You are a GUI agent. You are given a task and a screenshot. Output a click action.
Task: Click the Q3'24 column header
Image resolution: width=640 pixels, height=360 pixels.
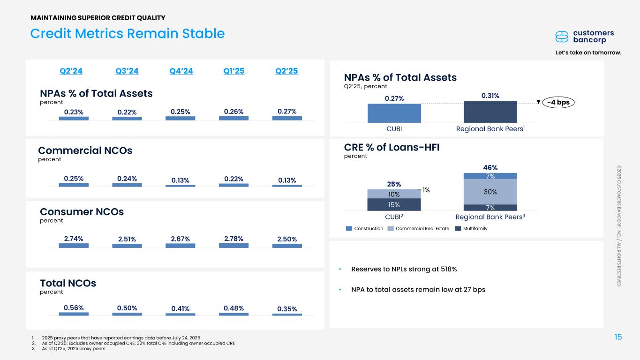coord(127,71)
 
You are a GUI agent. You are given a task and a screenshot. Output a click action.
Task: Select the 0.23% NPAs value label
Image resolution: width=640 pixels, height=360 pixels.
coord(74,111)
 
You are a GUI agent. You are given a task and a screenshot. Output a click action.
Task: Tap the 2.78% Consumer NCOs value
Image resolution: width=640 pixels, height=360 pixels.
coord(233,238)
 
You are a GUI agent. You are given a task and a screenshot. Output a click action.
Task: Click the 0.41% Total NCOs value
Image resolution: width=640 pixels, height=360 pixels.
coord(181,308)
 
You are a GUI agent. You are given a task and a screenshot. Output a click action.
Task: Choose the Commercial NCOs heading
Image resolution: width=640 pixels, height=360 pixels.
coord(85,150)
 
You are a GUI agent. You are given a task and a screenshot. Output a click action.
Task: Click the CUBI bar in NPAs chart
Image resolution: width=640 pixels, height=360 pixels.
coord(394,113)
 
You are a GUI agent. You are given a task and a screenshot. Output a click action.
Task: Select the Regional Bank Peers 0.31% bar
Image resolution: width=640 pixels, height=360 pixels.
coord(490,112)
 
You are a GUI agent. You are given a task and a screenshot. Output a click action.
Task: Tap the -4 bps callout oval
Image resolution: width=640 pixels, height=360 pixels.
coord(558,102)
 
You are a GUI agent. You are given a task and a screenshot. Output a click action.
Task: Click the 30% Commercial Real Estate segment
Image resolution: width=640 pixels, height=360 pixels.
coord(490,192)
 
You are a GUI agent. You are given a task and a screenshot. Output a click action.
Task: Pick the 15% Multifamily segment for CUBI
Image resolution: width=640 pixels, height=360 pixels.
coord(394,204)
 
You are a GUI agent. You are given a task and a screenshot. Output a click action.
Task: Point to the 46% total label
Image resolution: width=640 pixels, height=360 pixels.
coord(490,167)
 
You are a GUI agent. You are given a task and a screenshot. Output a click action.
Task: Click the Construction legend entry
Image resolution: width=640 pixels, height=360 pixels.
coord(364,228)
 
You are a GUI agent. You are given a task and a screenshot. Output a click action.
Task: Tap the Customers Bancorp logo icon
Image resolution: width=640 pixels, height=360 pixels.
coord(562,37)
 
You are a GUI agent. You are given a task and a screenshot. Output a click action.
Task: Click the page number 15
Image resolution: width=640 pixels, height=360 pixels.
coord(618,337)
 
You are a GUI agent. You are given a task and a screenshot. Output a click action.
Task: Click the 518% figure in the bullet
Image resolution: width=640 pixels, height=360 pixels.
coord(447,269)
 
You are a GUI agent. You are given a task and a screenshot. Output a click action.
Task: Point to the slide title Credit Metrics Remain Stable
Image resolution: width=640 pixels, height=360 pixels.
coord(128,33)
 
